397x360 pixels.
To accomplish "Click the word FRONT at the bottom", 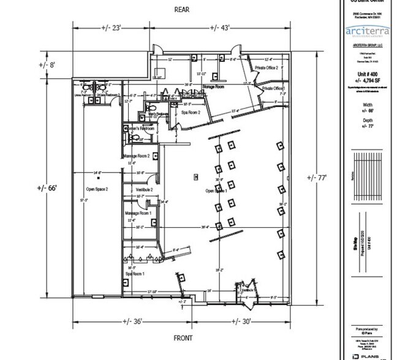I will [183, 338].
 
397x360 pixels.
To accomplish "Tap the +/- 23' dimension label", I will [113, 28].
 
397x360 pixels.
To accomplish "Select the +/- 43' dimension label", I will [222, 28].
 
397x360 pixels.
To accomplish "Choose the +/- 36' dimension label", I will [133, 321].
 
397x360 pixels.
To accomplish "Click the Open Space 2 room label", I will [97, 189].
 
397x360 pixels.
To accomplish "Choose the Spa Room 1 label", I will [135, 274].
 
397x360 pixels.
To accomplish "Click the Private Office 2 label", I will [267, 67].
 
